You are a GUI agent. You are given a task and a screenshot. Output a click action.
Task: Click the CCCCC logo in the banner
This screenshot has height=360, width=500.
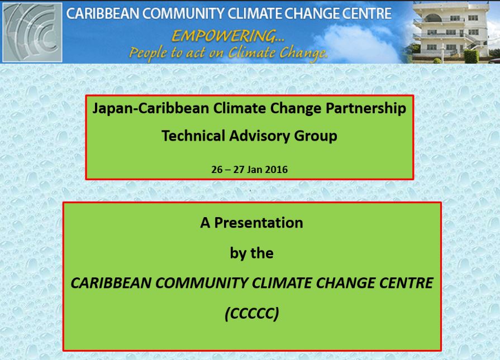pyautogui.click(x=32, y=32)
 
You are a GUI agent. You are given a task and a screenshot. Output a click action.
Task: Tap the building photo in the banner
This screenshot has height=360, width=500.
pyautogui.click(x=456, y=32)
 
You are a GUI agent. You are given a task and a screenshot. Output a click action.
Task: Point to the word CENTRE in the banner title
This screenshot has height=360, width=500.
pyautogui.click(x=366, y=13)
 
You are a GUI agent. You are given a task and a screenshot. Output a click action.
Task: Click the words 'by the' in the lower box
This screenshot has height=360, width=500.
pyautogui.click(x=251, y=253)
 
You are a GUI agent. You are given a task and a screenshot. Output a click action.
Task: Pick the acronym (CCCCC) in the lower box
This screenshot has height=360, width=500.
pyautogui.click(x=251, y=314)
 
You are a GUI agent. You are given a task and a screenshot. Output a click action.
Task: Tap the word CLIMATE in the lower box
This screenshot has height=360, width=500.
pyautogui.click(x=285, y=284)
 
